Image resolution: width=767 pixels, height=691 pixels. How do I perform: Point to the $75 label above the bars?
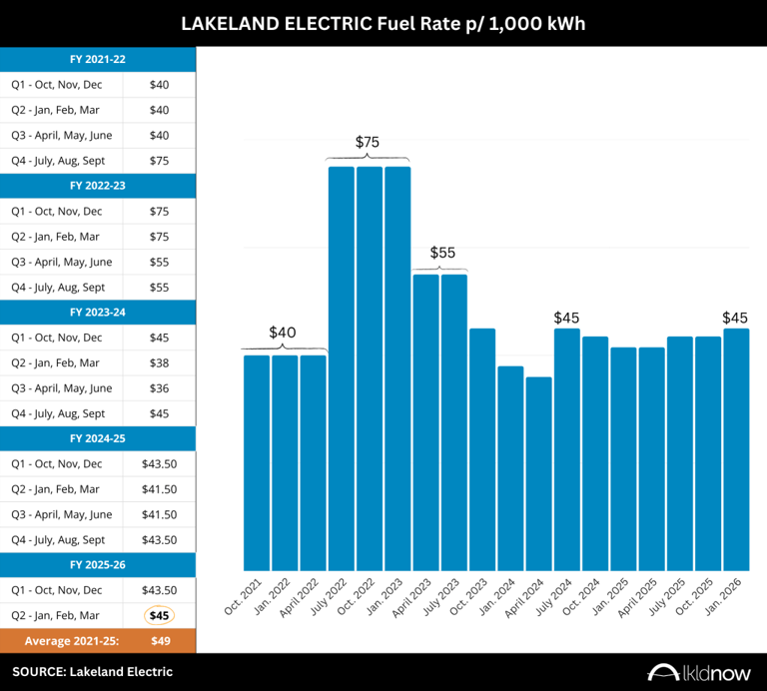tap(368, 143)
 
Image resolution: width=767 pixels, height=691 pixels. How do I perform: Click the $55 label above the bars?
tap(442, 253)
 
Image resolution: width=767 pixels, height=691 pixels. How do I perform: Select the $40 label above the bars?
tap(284, 332)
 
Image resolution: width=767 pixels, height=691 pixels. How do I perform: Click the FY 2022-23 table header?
tap(98, 186)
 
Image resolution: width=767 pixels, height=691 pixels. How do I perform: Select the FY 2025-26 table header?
tap(98, 565)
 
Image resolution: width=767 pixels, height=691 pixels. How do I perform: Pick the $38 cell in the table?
tap(159, 362)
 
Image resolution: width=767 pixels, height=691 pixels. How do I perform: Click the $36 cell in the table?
tap(159, 388)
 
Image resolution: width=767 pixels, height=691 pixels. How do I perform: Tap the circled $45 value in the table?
tap(159, 615)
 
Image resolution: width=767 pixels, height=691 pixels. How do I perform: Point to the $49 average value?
tap(159, 640)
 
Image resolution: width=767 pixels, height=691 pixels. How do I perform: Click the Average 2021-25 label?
tap(62, 640)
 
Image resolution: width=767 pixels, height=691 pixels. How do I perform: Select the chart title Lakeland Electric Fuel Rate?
tap(383, 22)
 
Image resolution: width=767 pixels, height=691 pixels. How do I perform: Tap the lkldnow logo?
tap(699, 672)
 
